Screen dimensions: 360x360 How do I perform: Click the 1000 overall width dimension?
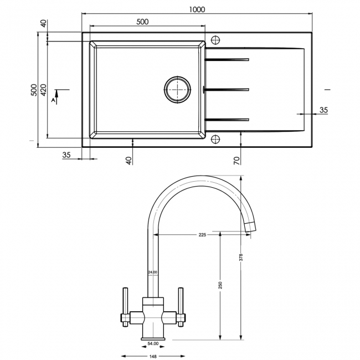197,9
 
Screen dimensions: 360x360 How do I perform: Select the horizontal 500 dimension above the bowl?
142,22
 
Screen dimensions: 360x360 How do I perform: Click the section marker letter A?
54,100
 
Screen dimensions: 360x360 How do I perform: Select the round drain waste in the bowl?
177,89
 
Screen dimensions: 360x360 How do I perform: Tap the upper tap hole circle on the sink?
216,40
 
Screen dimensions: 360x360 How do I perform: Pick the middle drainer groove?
227,89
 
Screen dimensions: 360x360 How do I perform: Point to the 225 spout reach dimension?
202,235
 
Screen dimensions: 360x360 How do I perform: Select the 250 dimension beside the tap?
220,285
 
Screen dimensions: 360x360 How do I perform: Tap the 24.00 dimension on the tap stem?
152,272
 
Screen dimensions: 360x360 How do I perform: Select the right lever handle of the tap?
179,302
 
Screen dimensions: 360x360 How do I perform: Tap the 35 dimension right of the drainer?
323,110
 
